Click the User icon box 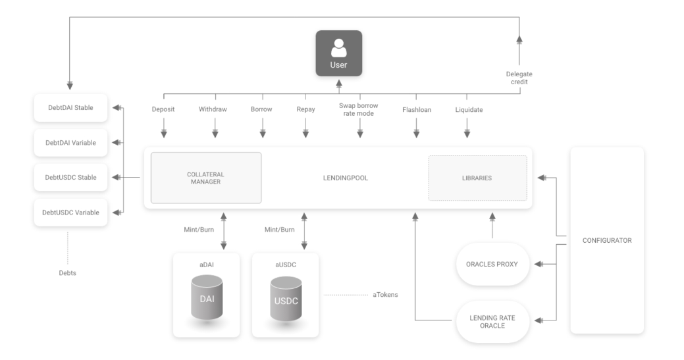point(339,53)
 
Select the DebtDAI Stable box point(70,108)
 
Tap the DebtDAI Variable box point(70,143)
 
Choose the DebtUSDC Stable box point(70,178)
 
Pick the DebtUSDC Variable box point(70,213)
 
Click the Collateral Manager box point(206,178)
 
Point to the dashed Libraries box point(478,178)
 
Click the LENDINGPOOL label point(346,178)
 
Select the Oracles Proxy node point(492,264)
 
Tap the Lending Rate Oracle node point(492,322)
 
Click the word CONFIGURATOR point(607,241)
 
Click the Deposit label point(163,109)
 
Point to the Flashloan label point(417,110)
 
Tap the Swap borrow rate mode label point(359,109)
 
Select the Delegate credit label point(519,78)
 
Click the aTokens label point(385,295)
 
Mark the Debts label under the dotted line point(68,273)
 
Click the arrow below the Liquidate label point(467,128)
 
